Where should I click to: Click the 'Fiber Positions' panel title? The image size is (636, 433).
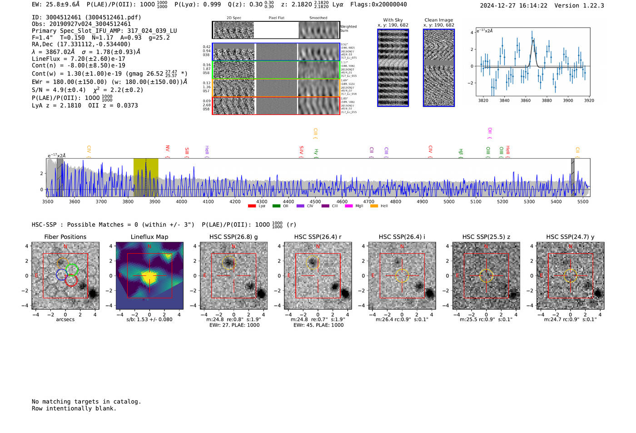click(x=65, y=237)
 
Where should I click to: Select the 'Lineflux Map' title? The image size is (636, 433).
click(x=149, y=237)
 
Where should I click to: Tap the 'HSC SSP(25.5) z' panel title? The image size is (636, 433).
click(x=486, y=237)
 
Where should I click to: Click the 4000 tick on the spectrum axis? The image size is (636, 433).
click(x=181, y=201)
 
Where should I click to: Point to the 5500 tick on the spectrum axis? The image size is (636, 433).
click(x=583, y=201)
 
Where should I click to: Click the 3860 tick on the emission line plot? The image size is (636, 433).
click(x=526, y=100)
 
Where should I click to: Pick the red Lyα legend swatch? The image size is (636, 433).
click(x=252, y=206)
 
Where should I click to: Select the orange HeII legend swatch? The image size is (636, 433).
click(x=374, y=206)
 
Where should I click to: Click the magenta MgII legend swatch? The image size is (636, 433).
click(x=349, y=206)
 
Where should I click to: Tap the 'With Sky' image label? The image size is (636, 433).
click(x=393, y=20)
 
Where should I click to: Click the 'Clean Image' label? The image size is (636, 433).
click(x=439, y=20)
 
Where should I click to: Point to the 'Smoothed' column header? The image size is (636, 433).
click(x=318, y=18)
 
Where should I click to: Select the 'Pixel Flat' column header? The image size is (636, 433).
click(x=276, y=18)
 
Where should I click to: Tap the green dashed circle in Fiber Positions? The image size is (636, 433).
click(x=72, y=269)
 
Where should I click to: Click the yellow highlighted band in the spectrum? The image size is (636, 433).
click(x=146, y=177)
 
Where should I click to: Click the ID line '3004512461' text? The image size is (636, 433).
click(x=86, y=17)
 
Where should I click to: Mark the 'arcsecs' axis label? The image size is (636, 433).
click(x=65, y=319)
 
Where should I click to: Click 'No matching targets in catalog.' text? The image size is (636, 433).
click(x=86, y=402)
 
